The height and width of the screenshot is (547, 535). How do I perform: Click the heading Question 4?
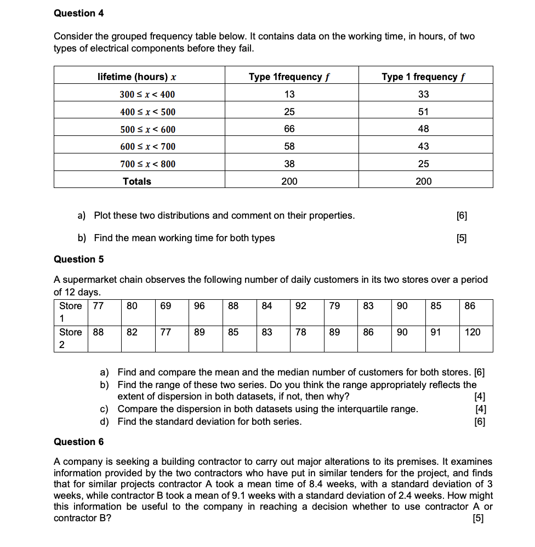pos(78,13)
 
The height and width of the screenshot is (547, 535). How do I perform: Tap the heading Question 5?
pos(78,259)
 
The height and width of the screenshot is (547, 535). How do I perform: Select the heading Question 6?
pos(78,442)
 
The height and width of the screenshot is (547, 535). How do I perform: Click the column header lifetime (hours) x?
pos(136,77)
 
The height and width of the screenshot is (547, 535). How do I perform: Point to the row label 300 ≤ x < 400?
pos(147,94)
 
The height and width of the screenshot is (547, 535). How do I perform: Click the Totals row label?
pos(137,181)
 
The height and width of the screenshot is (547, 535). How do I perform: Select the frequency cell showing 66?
pos(289,129)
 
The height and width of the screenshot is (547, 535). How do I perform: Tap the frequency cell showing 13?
pos(289,94)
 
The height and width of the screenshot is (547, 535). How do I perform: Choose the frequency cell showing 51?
pos(423,112)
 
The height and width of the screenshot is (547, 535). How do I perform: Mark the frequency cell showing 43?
pos(423,146)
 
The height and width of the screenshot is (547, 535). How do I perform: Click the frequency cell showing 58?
pos(289,146)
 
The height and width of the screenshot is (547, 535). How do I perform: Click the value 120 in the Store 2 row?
pos(473,332)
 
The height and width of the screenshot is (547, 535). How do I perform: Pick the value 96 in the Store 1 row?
pos(200,306)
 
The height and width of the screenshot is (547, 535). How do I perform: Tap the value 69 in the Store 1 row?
pos(166,306)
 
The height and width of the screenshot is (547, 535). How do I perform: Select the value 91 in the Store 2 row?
pos(436,332)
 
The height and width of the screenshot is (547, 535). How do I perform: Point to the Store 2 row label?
pos(70,338)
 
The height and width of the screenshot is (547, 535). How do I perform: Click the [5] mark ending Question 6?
pos(479,518)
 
